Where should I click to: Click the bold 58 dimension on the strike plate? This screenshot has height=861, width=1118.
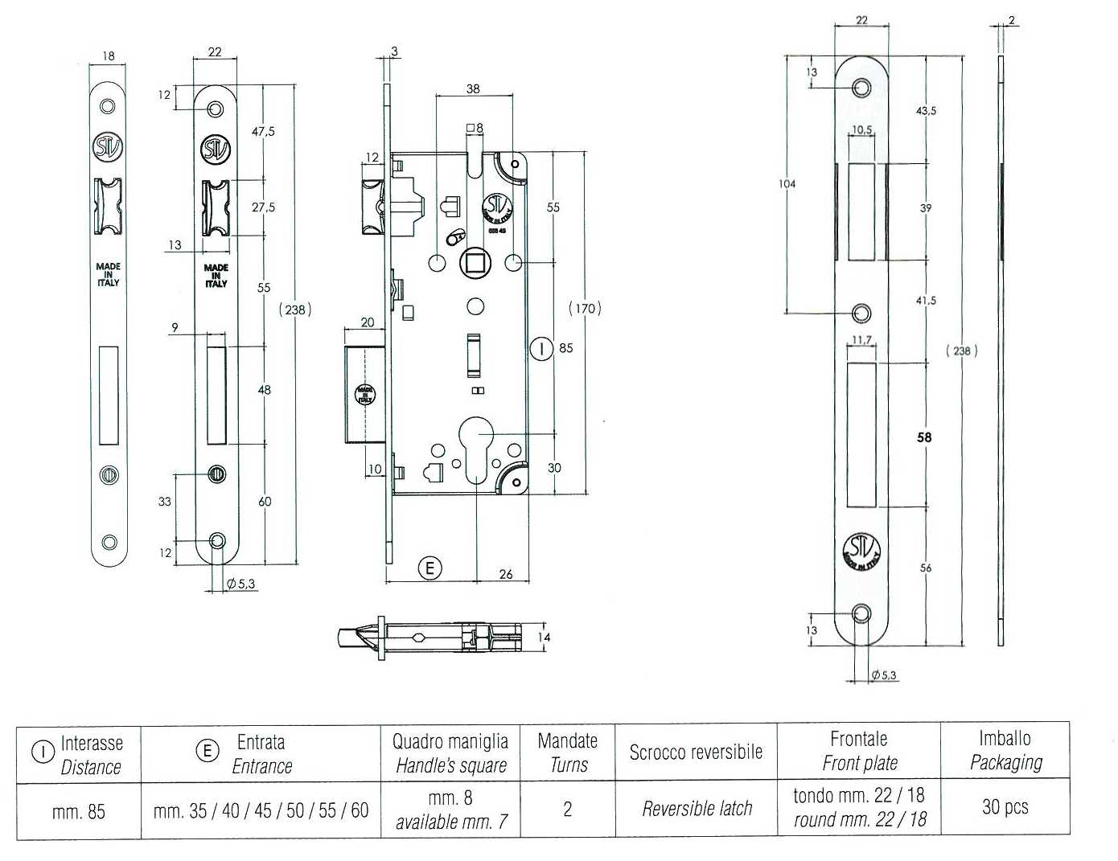click(924, 437)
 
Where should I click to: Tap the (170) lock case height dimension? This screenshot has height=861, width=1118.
click(585, 309)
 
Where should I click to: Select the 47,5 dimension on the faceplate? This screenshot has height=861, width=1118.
click(263, 132)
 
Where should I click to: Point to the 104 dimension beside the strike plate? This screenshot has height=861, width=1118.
click(787, 183)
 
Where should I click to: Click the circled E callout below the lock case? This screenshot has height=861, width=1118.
click(430, 568)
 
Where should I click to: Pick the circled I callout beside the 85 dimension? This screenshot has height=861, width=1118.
click(541, 349)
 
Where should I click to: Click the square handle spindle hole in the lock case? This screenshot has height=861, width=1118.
click(475, 263)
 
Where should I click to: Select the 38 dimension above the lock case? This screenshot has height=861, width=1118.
click(473, 88)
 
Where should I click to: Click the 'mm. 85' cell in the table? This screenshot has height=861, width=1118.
click(79, 812)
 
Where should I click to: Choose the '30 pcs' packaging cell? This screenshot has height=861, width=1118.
click(1005, 807)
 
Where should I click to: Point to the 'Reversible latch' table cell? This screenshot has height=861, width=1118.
click(697, 809)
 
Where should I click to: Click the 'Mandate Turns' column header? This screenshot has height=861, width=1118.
click(568, 752)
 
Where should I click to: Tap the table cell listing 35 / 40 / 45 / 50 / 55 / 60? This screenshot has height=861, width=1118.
click(261, 810)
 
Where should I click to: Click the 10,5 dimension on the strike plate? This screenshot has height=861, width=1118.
click(861, 129)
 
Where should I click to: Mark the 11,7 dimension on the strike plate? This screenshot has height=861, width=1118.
click(861, 340)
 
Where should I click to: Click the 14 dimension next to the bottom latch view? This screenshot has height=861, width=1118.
click(544, 638)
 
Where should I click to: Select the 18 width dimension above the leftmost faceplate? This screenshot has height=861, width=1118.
click(108, 55)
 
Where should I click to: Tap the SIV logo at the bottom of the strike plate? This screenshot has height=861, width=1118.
click(861, 552)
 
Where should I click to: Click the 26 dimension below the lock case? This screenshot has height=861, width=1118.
click(506, 574)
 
